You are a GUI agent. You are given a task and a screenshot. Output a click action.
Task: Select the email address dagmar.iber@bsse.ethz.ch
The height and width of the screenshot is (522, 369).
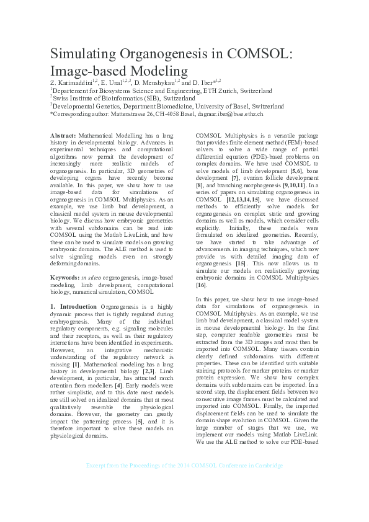coord(229,114)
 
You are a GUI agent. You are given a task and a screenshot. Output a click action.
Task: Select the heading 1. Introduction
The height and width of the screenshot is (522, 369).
coord(73,306)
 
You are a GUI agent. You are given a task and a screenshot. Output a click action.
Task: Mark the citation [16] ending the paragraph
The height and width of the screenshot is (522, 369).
coord(202,285)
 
